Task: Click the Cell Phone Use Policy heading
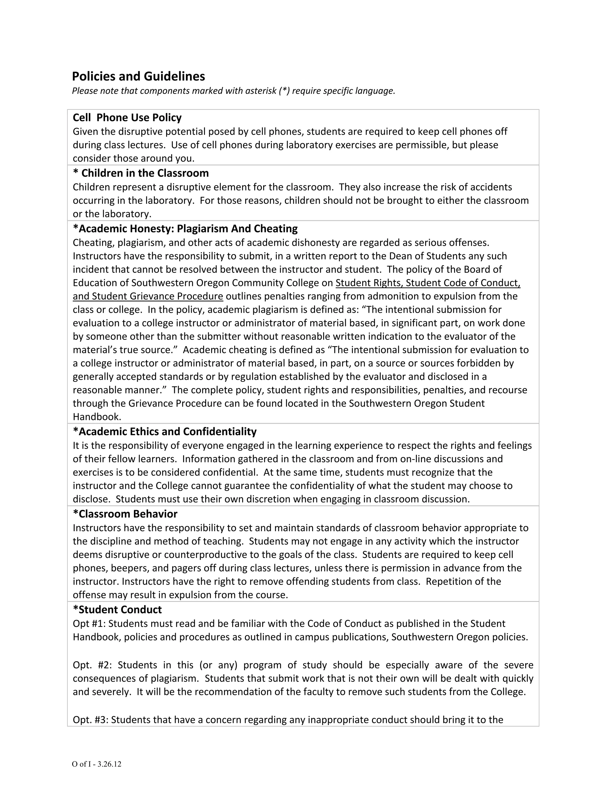click(x=127, y=117)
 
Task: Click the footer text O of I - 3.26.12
click(x=96, y=764)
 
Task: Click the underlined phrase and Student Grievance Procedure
click(x=148, y=296)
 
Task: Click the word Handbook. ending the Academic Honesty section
click(x=97, y=417)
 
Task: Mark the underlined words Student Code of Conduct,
click(x=463, y=283)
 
